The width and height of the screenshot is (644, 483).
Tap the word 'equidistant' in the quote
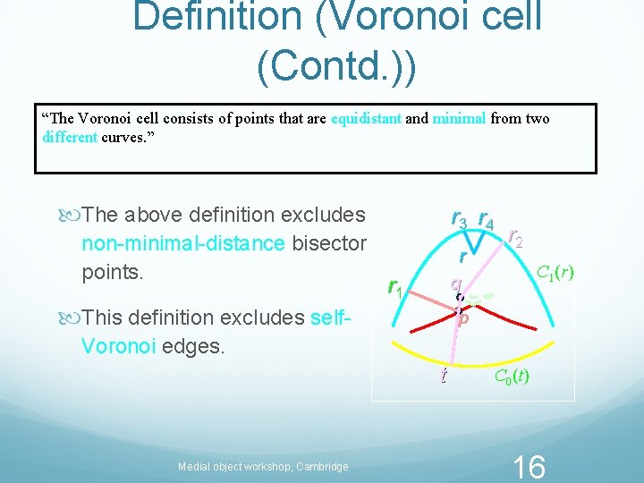pos(367,119)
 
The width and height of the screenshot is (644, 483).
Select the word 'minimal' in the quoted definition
pos(459,119)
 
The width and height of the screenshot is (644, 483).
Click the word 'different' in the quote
pos(70,138)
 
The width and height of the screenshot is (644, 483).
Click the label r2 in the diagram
pos(515,237)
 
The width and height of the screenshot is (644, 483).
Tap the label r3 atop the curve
pos(459,217)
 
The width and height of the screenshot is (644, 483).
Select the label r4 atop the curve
pos(488,217)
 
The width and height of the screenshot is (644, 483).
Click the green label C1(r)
pos(555,269)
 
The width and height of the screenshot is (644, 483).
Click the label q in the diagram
pos(455,284)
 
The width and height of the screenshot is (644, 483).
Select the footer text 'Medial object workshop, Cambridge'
pos(263,466)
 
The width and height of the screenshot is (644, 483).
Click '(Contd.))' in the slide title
pos(335,68)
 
